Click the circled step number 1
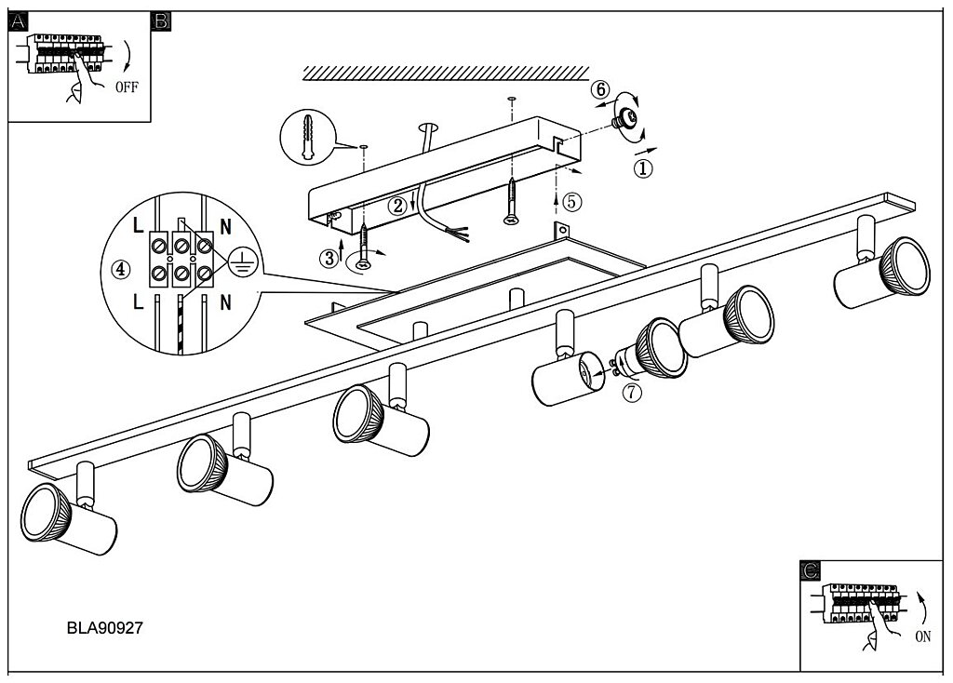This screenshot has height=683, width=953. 643,167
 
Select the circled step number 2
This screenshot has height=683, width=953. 398,206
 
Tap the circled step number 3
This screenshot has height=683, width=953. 329,259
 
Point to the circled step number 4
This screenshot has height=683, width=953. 122,269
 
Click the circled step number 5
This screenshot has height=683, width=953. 572,202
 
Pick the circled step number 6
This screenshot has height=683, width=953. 600,89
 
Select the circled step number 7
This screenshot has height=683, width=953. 632,393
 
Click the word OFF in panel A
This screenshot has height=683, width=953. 127,87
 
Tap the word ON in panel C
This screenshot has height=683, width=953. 922,636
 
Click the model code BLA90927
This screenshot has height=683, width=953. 104,628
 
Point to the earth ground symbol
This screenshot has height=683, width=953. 243,263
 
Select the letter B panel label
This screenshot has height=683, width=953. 161,22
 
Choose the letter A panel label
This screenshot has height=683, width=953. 19,22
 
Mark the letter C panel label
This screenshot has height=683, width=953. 811,570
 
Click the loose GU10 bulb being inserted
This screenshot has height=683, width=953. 651,351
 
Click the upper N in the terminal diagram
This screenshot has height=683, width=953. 225,227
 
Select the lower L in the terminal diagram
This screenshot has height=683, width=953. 139,301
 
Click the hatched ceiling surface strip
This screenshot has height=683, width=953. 446,73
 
